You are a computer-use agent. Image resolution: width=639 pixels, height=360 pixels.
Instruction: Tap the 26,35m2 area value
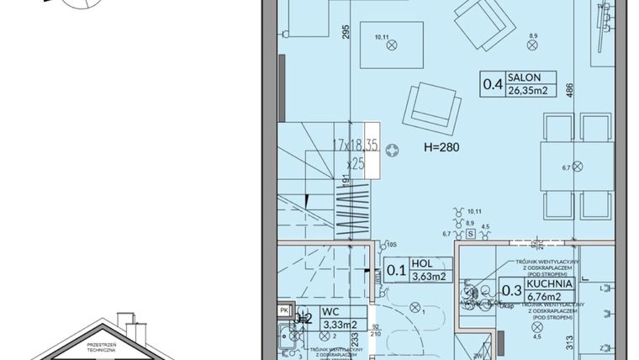tap(526, 90)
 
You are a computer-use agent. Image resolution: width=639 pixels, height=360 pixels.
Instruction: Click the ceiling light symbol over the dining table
tap(578, 164)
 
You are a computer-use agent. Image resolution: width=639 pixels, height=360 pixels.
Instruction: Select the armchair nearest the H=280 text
tap(434, 109)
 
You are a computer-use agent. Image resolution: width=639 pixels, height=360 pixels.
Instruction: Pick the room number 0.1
tap(395, 270)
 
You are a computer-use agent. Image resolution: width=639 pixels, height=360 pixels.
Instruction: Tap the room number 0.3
tap(510, 291)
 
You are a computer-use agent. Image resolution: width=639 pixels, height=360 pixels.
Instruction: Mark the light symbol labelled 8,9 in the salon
tap(531, 47)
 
